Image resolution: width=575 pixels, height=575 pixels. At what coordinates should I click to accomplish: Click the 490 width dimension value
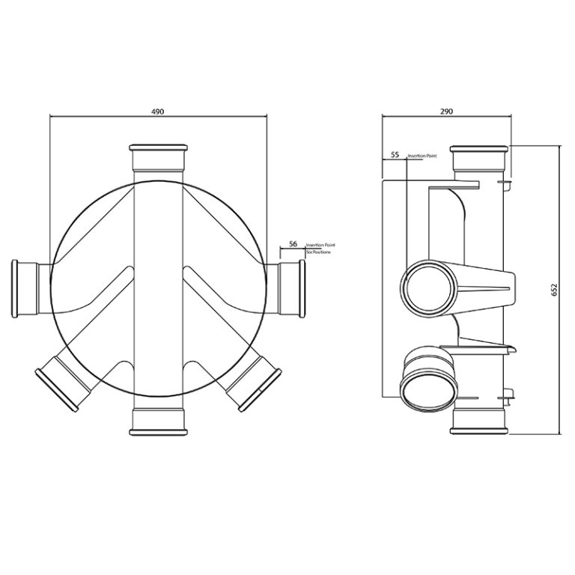point(158,111)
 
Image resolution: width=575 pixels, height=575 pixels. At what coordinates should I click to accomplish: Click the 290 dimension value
point(446,111)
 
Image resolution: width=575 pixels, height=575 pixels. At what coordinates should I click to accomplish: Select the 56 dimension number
point(293,244)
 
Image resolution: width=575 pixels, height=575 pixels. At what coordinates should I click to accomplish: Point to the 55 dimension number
point(395,156)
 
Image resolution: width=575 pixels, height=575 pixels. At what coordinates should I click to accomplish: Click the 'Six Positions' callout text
point(317,252)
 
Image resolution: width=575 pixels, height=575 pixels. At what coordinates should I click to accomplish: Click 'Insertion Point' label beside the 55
point(421,156)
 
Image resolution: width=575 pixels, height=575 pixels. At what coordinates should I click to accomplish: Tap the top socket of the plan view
point(158,158)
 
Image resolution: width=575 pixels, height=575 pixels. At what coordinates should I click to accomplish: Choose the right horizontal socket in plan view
point(292,289)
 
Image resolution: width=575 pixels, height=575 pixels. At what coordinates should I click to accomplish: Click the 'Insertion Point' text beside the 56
point(320,245)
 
